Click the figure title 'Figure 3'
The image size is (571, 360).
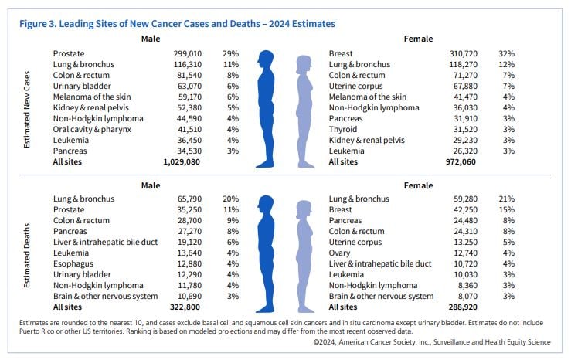pos(37,24)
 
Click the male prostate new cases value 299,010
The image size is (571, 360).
pos(188,53)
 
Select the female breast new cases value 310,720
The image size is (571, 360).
pos(463,53)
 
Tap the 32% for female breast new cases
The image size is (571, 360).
pos(507,53)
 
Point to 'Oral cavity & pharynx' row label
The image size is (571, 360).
pos(92,129)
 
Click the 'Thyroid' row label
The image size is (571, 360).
pos(343,129)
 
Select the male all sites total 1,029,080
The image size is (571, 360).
pos(182,161)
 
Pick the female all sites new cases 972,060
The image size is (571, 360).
pos(461,161)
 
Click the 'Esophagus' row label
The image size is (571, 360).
pos(73,263)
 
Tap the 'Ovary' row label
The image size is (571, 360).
pos(339,253)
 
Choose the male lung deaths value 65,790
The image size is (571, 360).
pos(189,199)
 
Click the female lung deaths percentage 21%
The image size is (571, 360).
pos(507,199)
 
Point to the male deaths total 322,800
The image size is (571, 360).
pos(185,307)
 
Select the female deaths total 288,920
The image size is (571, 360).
pos(463,307)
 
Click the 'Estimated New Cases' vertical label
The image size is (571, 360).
pos(26,109)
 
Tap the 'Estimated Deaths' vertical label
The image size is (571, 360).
pos(26,256)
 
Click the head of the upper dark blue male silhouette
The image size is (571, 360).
pos(266,58)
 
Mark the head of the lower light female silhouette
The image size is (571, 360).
pos(304,209)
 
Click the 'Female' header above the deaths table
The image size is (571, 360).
pos(419,185)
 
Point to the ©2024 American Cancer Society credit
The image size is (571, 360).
pos(432,342)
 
